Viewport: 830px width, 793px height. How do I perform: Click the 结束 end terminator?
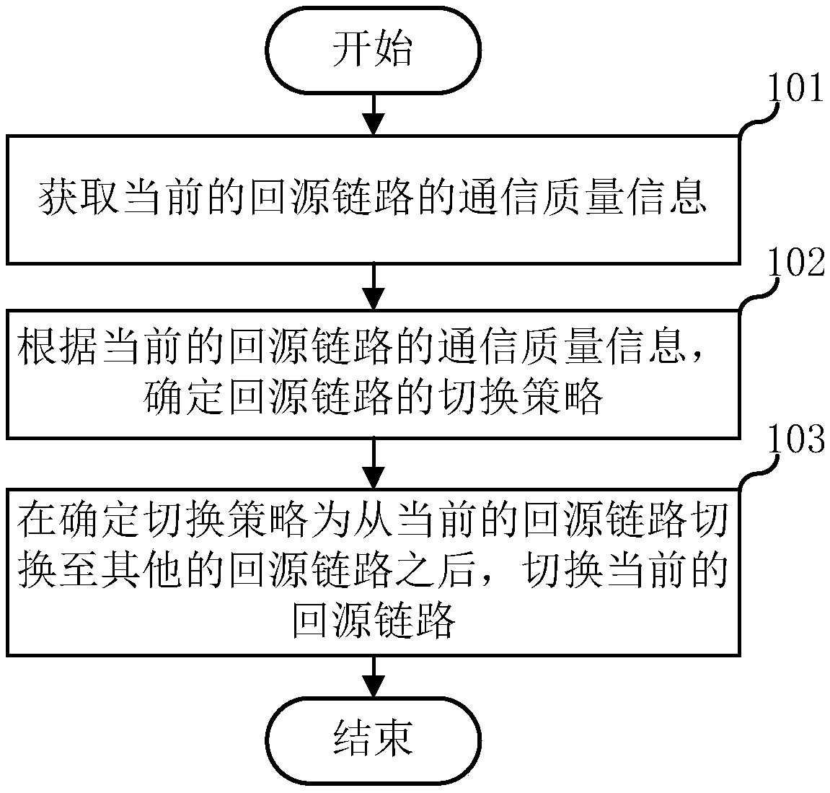[x=373, y=740]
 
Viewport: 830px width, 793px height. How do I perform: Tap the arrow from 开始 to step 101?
[x=373, y=114]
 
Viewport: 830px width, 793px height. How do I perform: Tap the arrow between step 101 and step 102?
[x=373, y=286]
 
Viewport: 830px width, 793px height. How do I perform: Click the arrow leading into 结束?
[x=373, y=678]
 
